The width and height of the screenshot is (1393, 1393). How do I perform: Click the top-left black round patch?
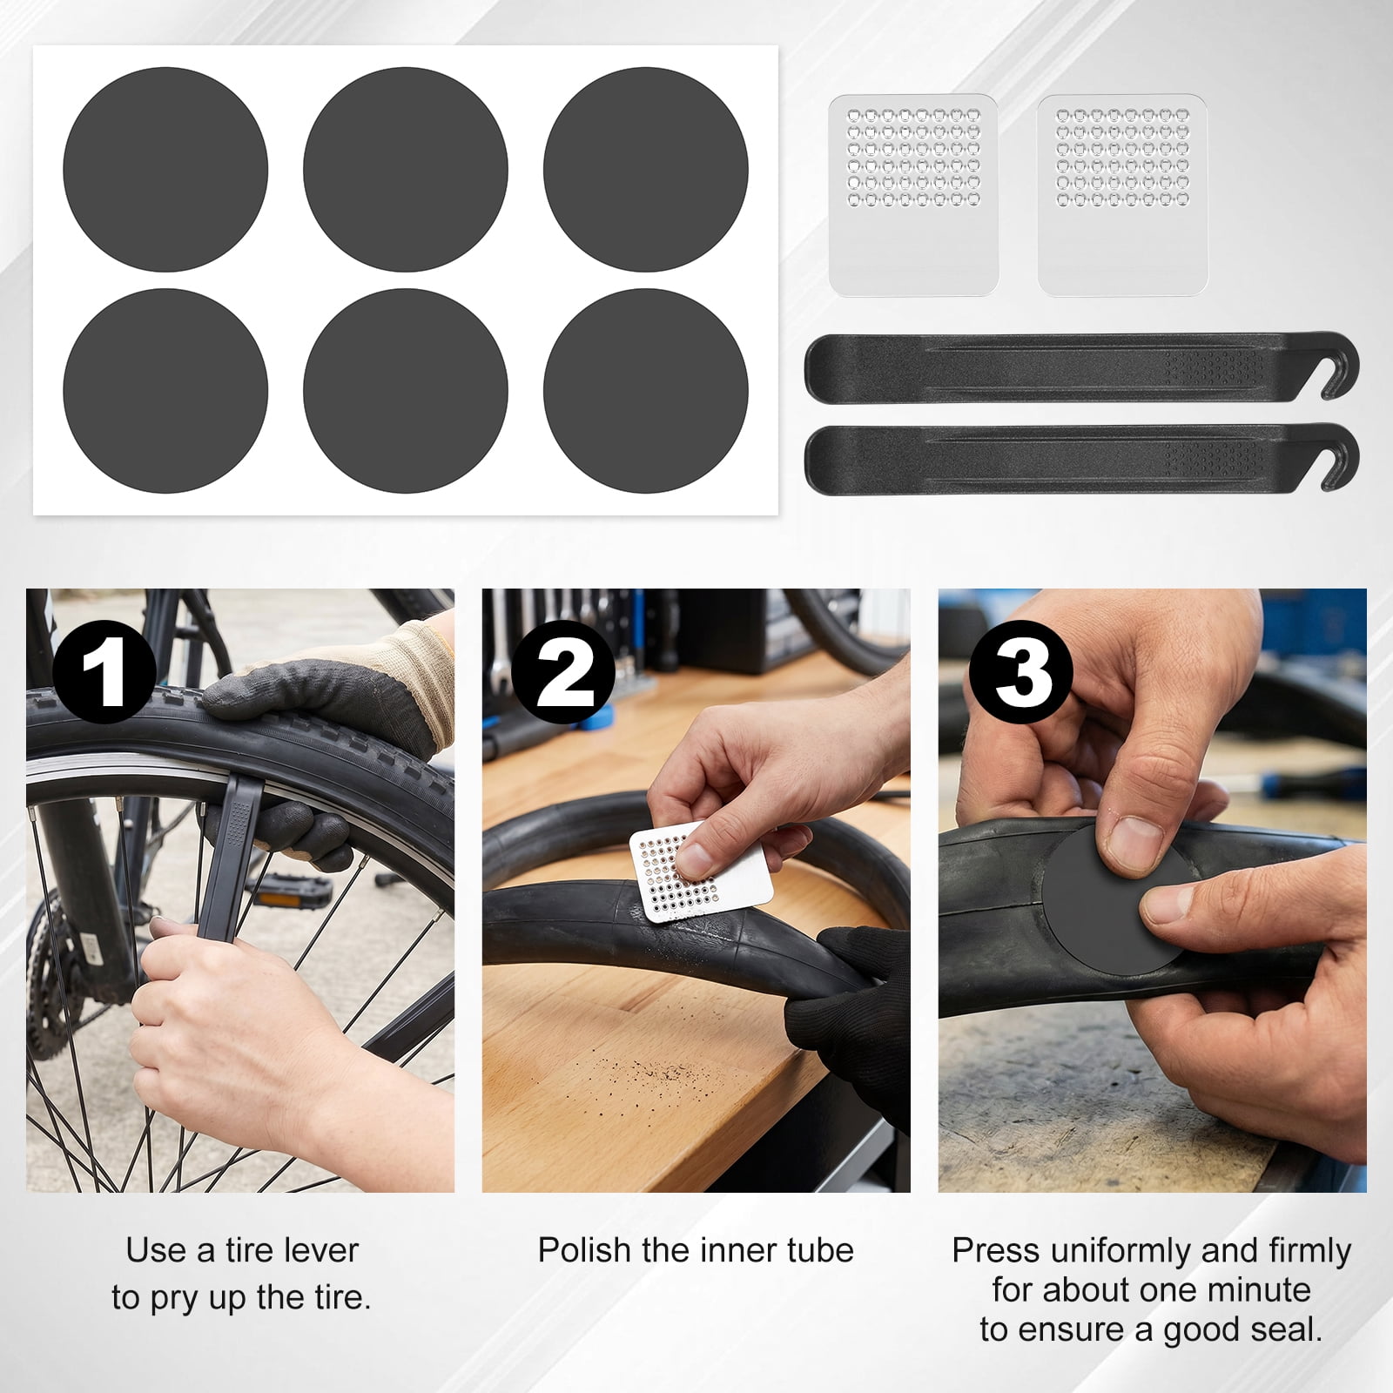165,169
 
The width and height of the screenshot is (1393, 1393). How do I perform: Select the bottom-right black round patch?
646,391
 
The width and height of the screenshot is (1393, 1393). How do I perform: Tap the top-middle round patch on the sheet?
406,169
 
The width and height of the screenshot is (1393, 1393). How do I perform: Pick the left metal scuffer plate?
913,195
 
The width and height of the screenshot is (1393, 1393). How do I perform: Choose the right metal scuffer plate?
1122,195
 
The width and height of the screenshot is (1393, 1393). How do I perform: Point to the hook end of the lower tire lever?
1337,458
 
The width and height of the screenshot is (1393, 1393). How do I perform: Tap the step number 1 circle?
104,672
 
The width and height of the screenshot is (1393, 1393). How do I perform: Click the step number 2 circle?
563,672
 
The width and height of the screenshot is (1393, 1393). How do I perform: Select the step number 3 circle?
1021,672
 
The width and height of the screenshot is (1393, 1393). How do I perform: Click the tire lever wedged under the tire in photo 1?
232,858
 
